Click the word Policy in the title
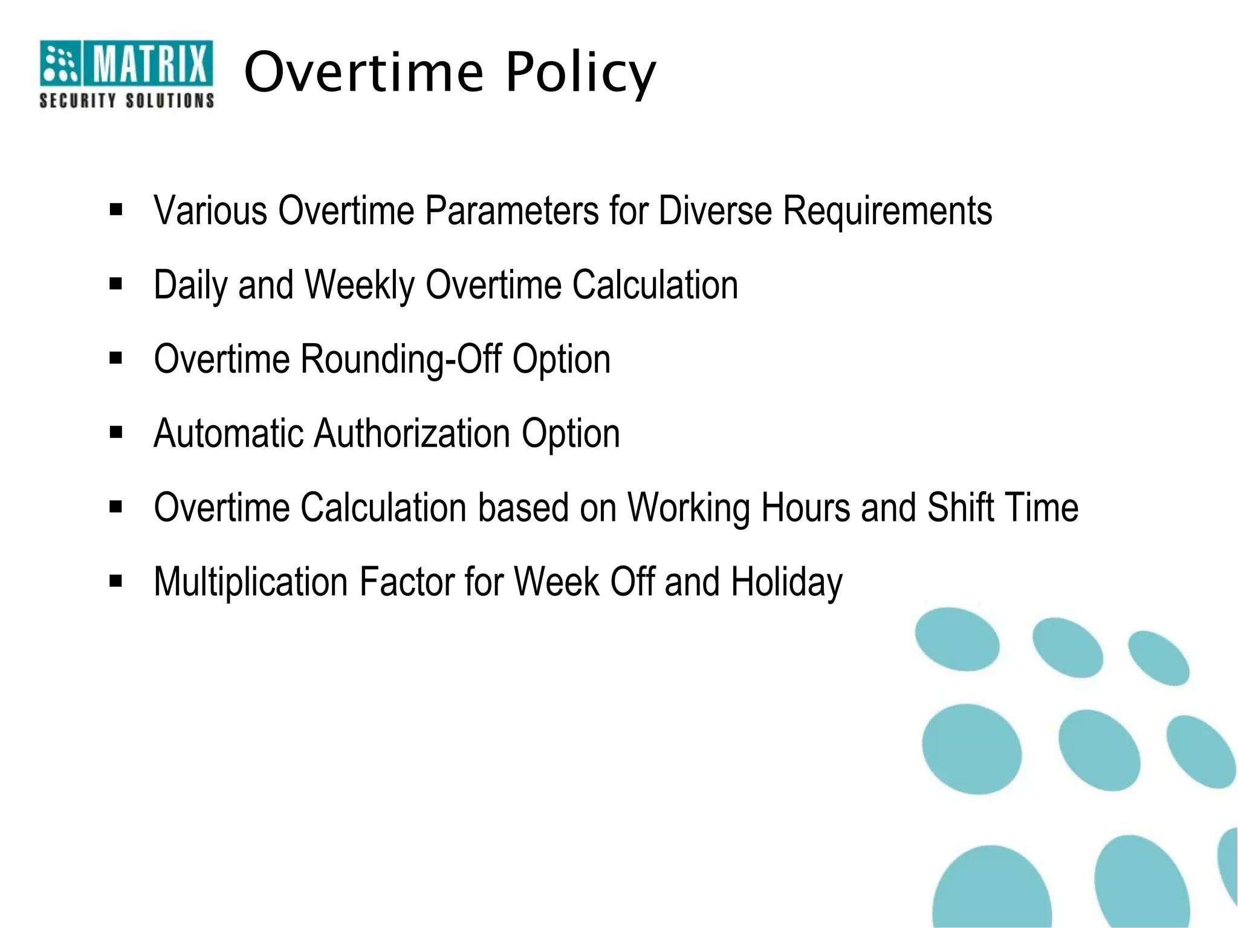(580, 74)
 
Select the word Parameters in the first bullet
(511, 211)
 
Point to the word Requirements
(887, 211)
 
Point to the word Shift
(961, 507)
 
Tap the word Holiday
(786, 582)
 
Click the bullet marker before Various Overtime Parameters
(116, 210)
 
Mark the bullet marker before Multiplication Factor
(116, 581)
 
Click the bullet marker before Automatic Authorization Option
(116, 433)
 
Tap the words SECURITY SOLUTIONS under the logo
(126, 100)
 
